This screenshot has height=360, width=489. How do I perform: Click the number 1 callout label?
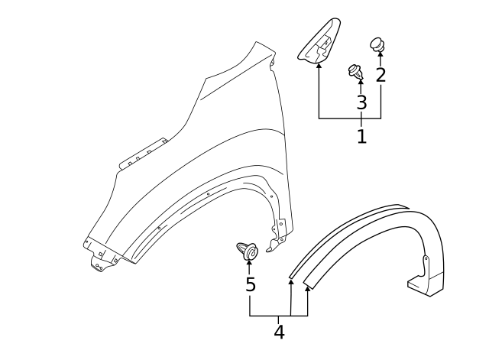click(361, 137)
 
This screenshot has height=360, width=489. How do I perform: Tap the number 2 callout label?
click(381, 75)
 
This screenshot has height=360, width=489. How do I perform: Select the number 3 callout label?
click(361, 102)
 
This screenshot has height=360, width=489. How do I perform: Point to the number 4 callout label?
click(279, 332)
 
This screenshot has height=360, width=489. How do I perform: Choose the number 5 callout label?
click(250, 285)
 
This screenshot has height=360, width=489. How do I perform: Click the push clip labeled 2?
click(378, 45)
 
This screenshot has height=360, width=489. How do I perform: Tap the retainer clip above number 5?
click(246, 250)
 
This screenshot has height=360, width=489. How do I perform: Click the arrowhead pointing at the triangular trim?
click(319, 67)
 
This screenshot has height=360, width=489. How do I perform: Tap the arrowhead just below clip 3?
click(361, 82)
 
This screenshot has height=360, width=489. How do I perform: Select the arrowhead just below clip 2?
click(380, 57)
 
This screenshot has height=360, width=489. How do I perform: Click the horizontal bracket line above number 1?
click(349, 119)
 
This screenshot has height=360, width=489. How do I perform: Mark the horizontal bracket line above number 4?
click(278, 316)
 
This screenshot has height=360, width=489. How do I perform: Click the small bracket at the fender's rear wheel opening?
click(280, 228)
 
